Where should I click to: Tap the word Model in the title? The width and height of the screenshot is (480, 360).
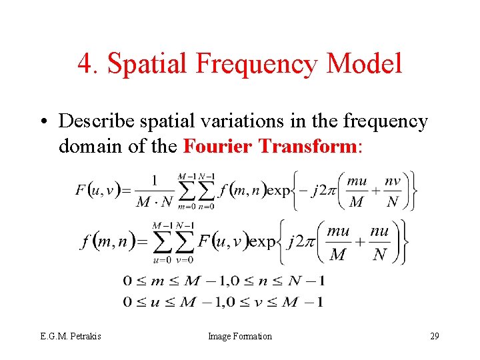[x=365, y=64]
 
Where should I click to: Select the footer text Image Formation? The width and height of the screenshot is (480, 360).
[x=240, y=336]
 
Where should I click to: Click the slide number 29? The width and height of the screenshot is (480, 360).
[x=434, y=336]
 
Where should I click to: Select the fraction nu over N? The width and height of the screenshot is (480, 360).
[x=379, y=243]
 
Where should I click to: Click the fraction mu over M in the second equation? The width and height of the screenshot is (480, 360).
[x=338, y=243]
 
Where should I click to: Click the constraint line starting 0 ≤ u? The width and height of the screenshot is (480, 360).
[x=224, y=302]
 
